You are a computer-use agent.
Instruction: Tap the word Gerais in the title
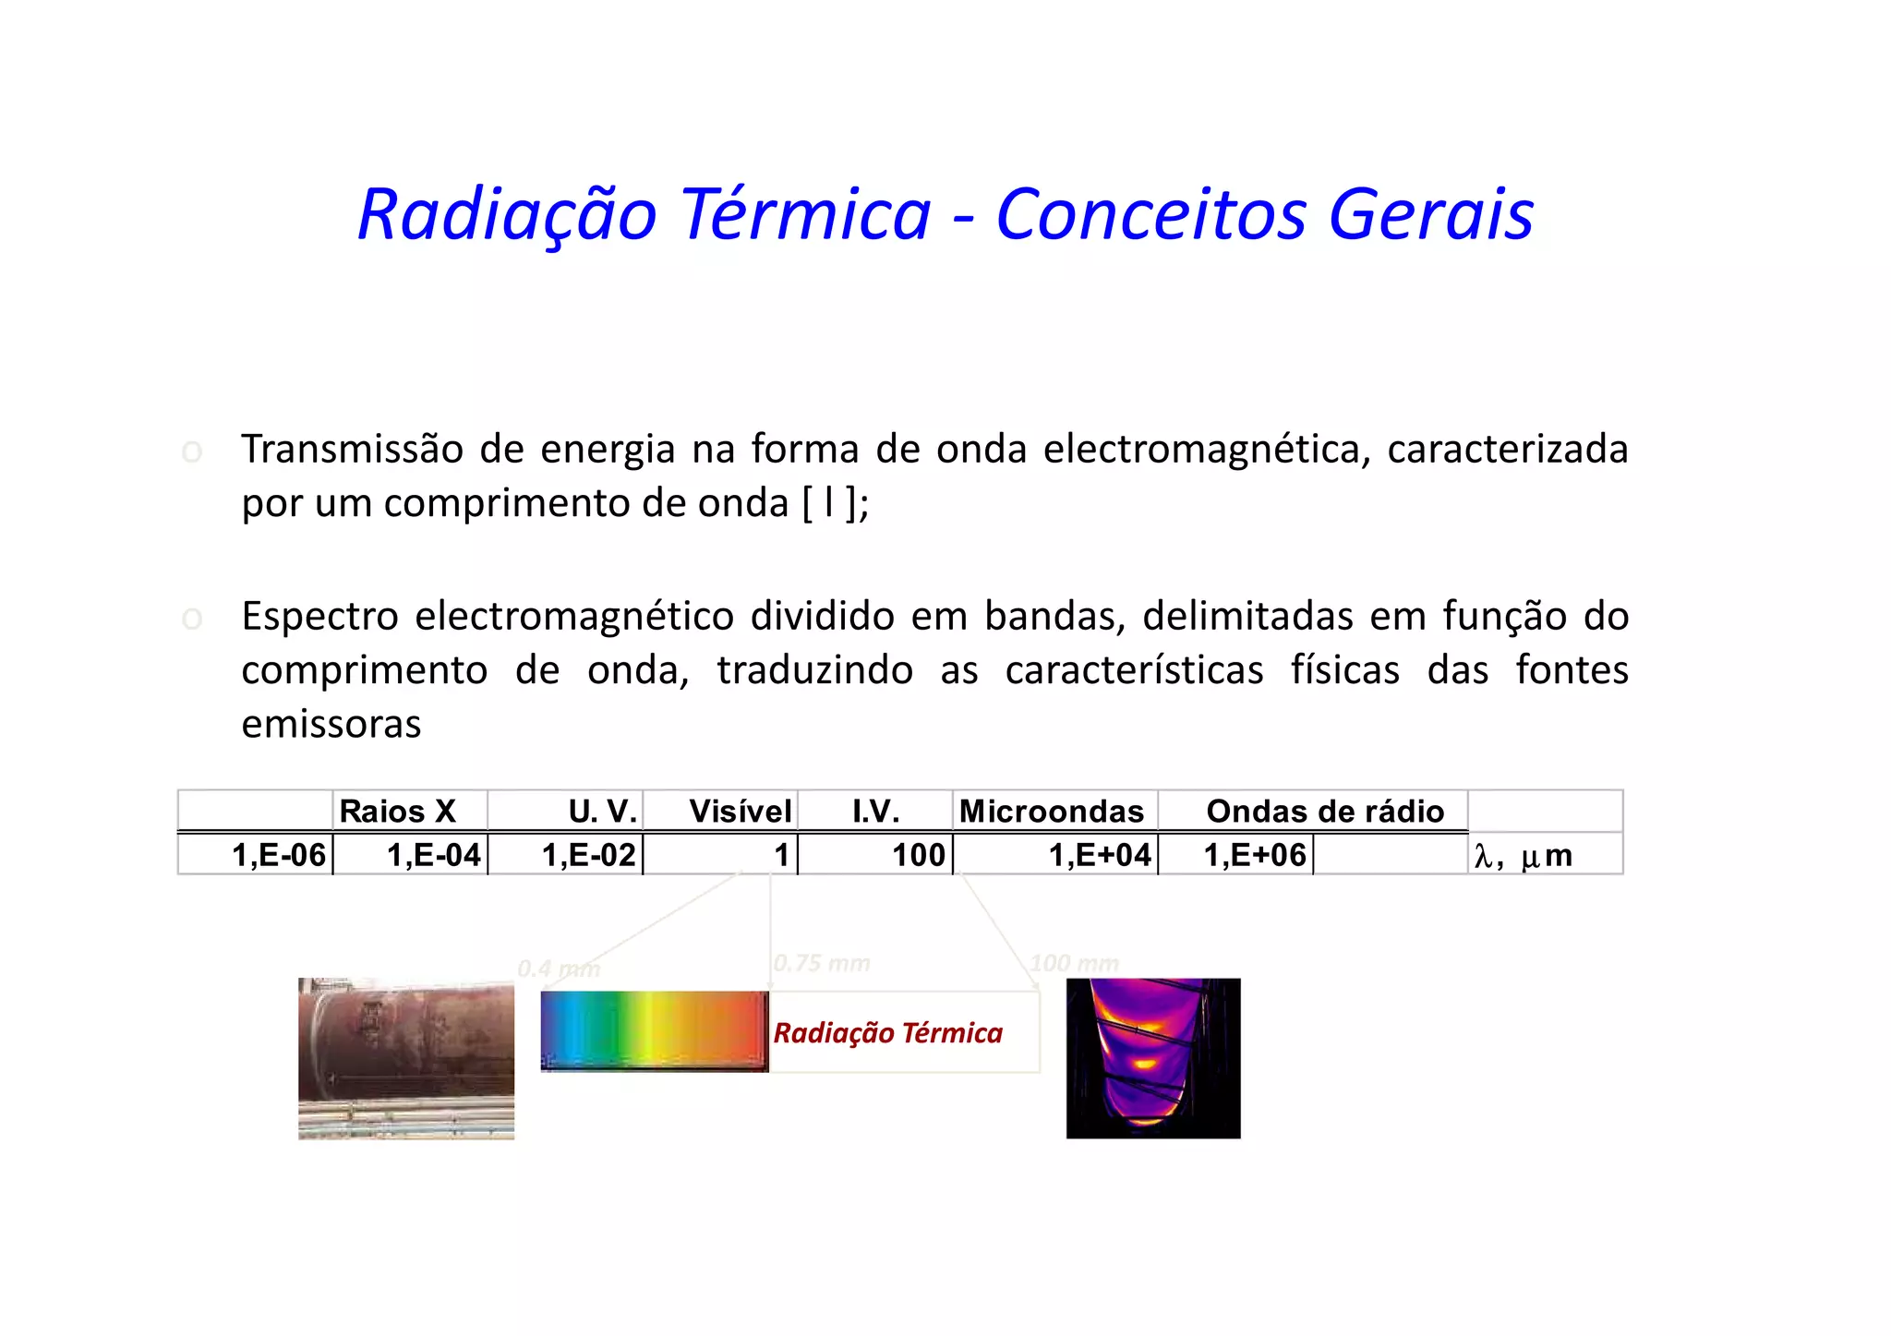point(1430,214)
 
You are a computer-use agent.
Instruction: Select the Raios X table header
point(398,812)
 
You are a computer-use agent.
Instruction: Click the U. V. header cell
point(602,812)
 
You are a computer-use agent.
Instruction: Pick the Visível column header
point(740,812)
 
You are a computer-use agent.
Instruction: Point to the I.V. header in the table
point(875,812)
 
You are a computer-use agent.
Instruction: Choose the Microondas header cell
point(1052,812)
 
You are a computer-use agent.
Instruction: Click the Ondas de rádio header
point(1325,812)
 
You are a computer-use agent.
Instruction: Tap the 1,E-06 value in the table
point(279,855)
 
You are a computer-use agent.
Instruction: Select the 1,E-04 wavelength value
point(434,855)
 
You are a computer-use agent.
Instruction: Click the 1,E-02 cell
point(589,855)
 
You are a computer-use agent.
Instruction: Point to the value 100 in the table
point(919,855)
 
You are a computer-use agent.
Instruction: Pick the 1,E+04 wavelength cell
point(1100,855)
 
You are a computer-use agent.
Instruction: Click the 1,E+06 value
point(1255,855)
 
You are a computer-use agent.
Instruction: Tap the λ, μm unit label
point(1523,856)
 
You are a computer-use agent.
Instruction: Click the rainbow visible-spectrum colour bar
point(654,1029)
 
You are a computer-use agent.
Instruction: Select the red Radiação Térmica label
point(887,1032)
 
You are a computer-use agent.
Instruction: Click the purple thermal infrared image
point(1153,1058)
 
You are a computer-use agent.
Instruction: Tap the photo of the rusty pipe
point(406,1058)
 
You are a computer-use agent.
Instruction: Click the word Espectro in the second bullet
point(320,616)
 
